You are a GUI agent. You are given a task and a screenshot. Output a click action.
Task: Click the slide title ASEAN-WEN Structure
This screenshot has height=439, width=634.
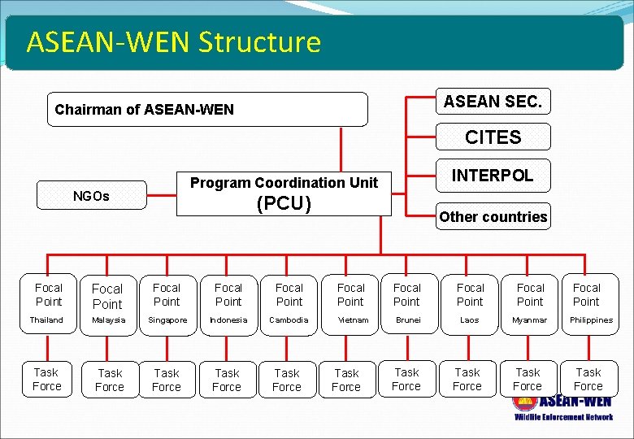click(173, 41)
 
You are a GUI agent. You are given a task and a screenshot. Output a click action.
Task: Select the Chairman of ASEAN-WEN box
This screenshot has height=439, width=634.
click(207, 109)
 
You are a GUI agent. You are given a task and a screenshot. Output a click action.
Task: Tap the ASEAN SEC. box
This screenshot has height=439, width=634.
click(493, 101)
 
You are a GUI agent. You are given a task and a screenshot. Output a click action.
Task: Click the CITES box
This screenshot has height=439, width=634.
click(493, 137)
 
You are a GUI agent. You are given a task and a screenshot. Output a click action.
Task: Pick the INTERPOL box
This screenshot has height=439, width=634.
click(493, 176)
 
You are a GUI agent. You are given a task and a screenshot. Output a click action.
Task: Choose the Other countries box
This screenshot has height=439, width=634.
click(493, 216)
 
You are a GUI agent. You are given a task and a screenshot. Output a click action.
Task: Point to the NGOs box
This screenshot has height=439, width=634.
click(92, 196)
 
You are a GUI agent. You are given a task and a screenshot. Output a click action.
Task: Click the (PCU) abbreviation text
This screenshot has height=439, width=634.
click(284, 203)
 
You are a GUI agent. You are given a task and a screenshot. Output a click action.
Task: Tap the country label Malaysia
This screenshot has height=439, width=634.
click(107, 320)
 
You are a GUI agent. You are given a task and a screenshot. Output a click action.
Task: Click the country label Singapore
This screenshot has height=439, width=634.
click(167, 320)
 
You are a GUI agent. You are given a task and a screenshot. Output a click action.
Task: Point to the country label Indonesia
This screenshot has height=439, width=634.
click(228, 320)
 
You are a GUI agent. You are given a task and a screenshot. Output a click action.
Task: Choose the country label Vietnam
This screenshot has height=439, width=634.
click(350, 320)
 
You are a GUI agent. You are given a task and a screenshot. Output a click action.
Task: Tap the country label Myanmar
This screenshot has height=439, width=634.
click(530, 320)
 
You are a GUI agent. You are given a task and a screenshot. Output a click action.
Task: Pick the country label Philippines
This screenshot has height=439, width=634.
click(590, 320)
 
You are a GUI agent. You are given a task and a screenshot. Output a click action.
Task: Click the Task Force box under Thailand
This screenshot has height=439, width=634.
click(47, 379)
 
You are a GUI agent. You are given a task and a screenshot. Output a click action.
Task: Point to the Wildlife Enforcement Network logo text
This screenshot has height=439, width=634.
click(563, 417)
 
